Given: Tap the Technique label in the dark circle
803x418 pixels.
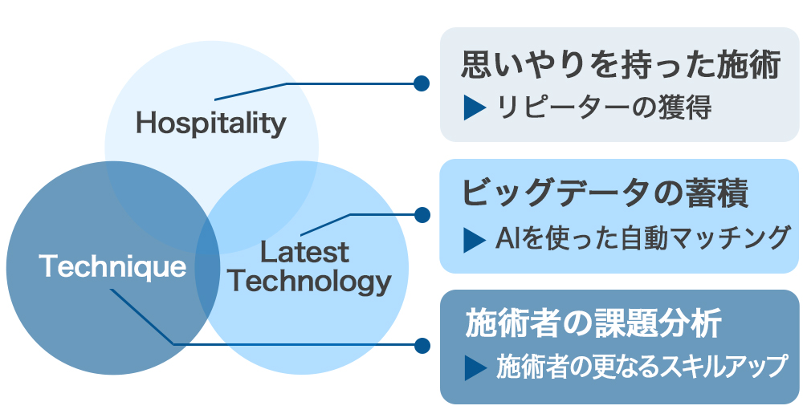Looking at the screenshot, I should point(112,266).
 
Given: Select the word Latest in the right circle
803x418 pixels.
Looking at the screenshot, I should point(305,253).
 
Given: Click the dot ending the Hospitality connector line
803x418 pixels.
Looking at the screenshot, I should point(421,83).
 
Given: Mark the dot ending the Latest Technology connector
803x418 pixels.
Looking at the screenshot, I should point(421,214).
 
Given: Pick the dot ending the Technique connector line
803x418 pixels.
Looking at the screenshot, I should point(421,345).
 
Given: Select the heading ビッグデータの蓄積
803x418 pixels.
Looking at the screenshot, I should point(605,195).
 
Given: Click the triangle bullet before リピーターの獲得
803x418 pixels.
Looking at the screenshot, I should point(475,108).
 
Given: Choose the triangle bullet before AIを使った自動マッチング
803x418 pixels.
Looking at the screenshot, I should point(475,237).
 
